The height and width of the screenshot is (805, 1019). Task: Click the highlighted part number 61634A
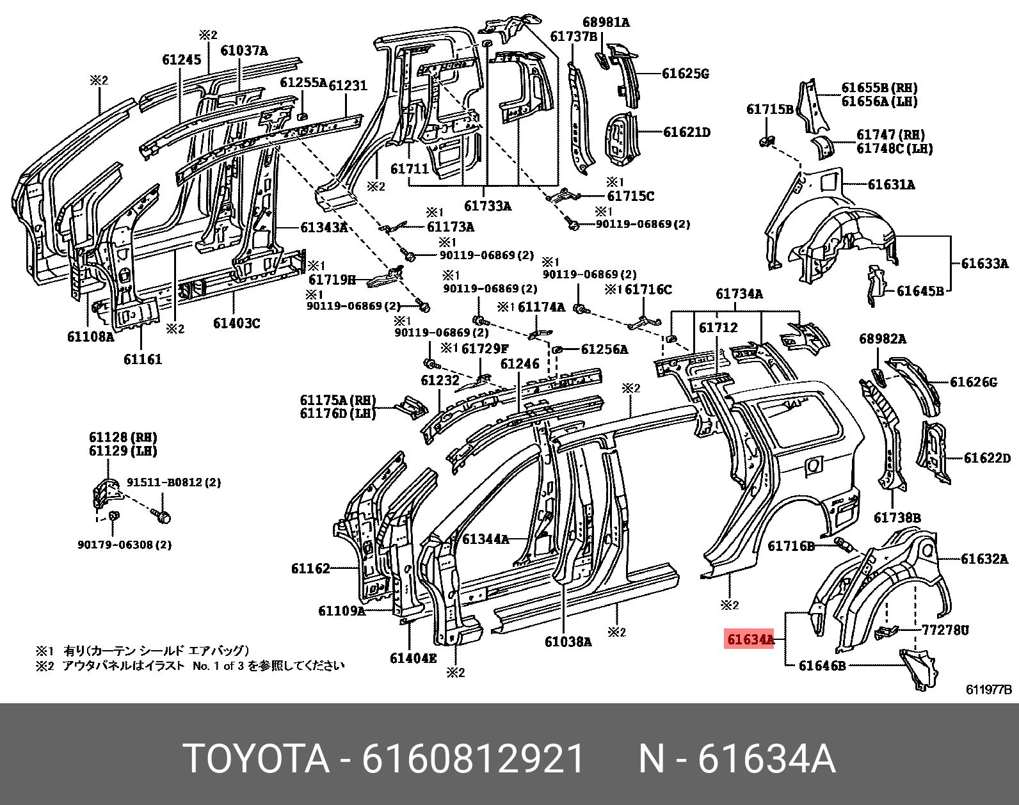[x=749, y=639]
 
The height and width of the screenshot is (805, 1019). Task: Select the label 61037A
[x=244, y=51]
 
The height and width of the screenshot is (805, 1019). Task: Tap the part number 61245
[x=181, y=60]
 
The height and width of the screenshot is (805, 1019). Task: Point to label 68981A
[x=606, y=22]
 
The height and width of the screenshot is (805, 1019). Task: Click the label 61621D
[x=686, y=132]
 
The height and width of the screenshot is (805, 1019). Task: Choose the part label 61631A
[x=891, y=185]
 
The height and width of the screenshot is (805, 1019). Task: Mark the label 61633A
[x=984, y=263]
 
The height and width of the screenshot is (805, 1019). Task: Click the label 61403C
[x=236, y=323]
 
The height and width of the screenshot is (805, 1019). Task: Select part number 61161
[x=143, y=360]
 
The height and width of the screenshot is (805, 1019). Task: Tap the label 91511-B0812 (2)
[x=173, y=482]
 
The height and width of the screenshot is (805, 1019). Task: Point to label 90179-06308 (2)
[x=124, y=545]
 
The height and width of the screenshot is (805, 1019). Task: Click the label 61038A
[x=568, y=642]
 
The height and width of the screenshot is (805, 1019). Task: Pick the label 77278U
[x=945, y=630]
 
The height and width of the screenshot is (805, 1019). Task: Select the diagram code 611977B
[x=988, y=690]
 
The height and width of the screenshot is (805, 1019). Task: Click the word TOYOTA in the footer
[x=256, y=759]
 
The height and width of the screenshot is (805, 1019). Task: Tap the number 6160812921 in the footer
[x=473, y=759]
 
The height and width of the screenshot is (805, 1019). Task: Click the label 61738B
[x=897, y=518]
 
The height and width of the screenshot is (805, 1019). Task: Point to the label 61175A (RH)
[x=338, y=401]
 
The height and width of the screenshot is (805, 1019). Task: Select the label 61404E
[x=413, y=658]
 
